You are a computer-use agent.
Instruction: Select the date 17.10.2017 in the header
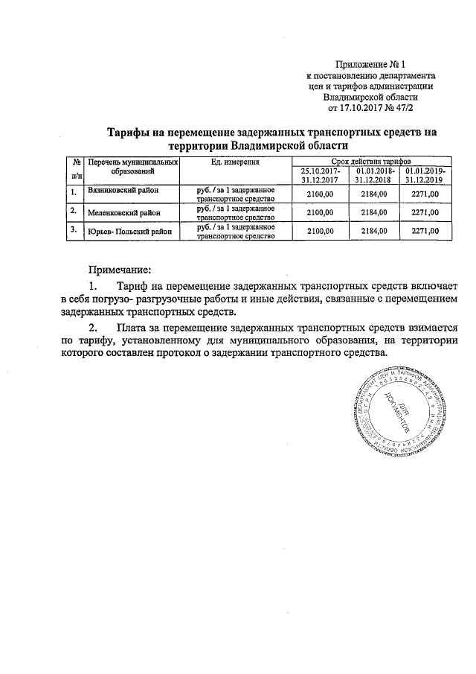coord(369,107)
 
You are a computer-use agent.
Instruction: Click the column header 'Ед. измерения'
coord(235,162)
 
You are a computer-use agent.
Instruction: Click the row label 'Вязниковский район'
coord(122,192)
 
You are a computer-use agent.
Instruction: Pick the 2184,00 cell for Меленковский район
coord(374,212)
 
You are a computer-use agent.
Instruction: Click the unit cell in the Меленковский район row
coord(236,212)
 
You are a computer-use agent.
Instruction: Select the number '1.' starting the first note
coord(92,287)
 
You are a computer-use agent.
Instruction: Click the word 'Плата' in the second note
coord(135,327)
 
